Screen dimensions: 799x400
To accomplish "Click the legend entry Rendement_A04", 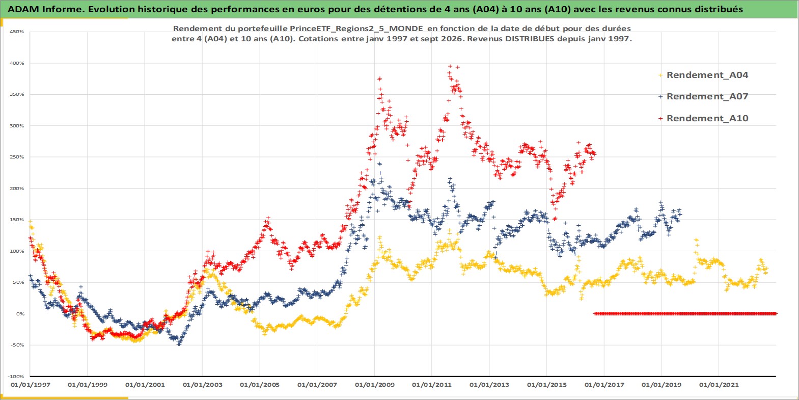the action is (x=707, y=75).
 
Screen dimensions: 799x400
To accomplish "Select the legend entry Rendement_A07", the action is (x=707, y=96).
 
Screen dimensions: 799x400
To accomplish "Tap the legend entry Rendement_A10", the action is (x=707, y=118).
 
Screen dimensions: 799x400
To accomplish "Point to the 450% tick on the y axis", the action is (x=17, y=32).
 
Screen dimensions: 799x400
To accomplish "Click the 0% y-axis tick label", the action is (x=20, y=314).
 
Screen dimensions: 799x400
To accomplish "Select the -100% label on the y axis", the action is (x=16, y=377).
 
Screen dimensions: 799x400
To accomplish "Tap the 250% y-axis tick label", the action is (x=17, y=157).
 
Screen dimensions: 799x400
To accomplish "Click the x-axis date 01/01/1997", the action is (x=31, y=385).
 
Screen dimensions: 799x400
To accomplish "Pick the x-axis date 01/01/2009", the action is (x=375, y=385).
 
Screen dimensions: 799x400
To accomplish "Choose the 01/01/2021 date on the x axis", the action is (x=719, y=385).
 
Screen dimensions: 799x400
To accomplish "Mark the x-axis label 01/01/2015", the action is (x=547, y=385).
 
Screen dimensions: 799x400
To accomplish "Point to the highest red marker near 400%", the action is (x=450, y=66).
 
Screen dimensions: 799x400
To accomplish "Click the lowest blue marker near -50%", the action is (x=179, y=343).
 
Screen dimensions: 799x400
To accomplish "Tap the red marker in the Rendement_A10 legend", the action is (x=660, y=118).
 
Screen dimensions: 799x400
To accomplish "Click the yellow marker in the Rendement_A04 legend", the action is (x=660, y=75).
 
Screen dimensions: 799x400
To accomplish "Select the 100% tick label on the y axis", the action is (x=17, y=251).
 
